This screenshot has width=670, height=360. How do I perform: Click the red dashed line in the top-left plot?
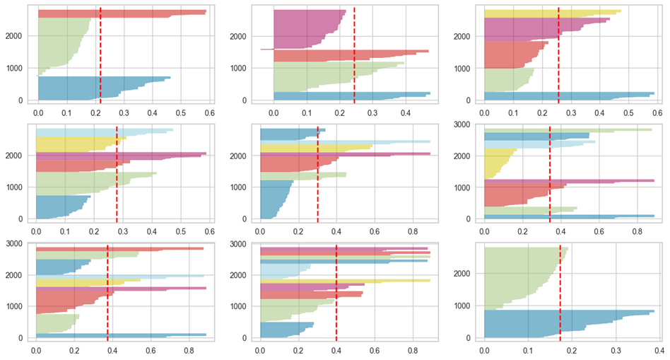point(100,57)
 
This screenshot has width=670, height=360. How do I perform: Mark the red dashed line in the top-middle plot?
point(354,57)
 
